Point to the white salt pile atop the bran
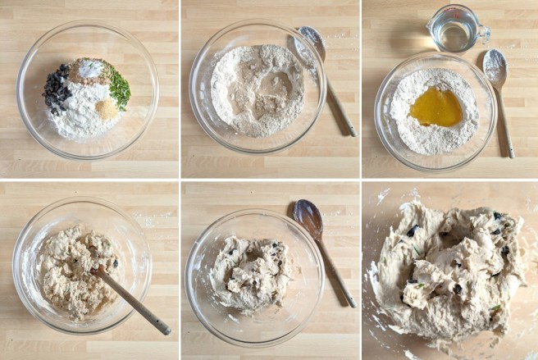coord(90,69)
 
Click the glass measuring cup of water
coord(454,30)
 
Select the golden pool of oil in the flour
coord(436,107)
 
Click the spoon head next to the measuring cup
coord(495,66)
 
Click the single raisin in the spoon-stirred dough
coord(115,263)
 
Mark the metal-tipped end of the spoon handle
coord(166,330)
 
